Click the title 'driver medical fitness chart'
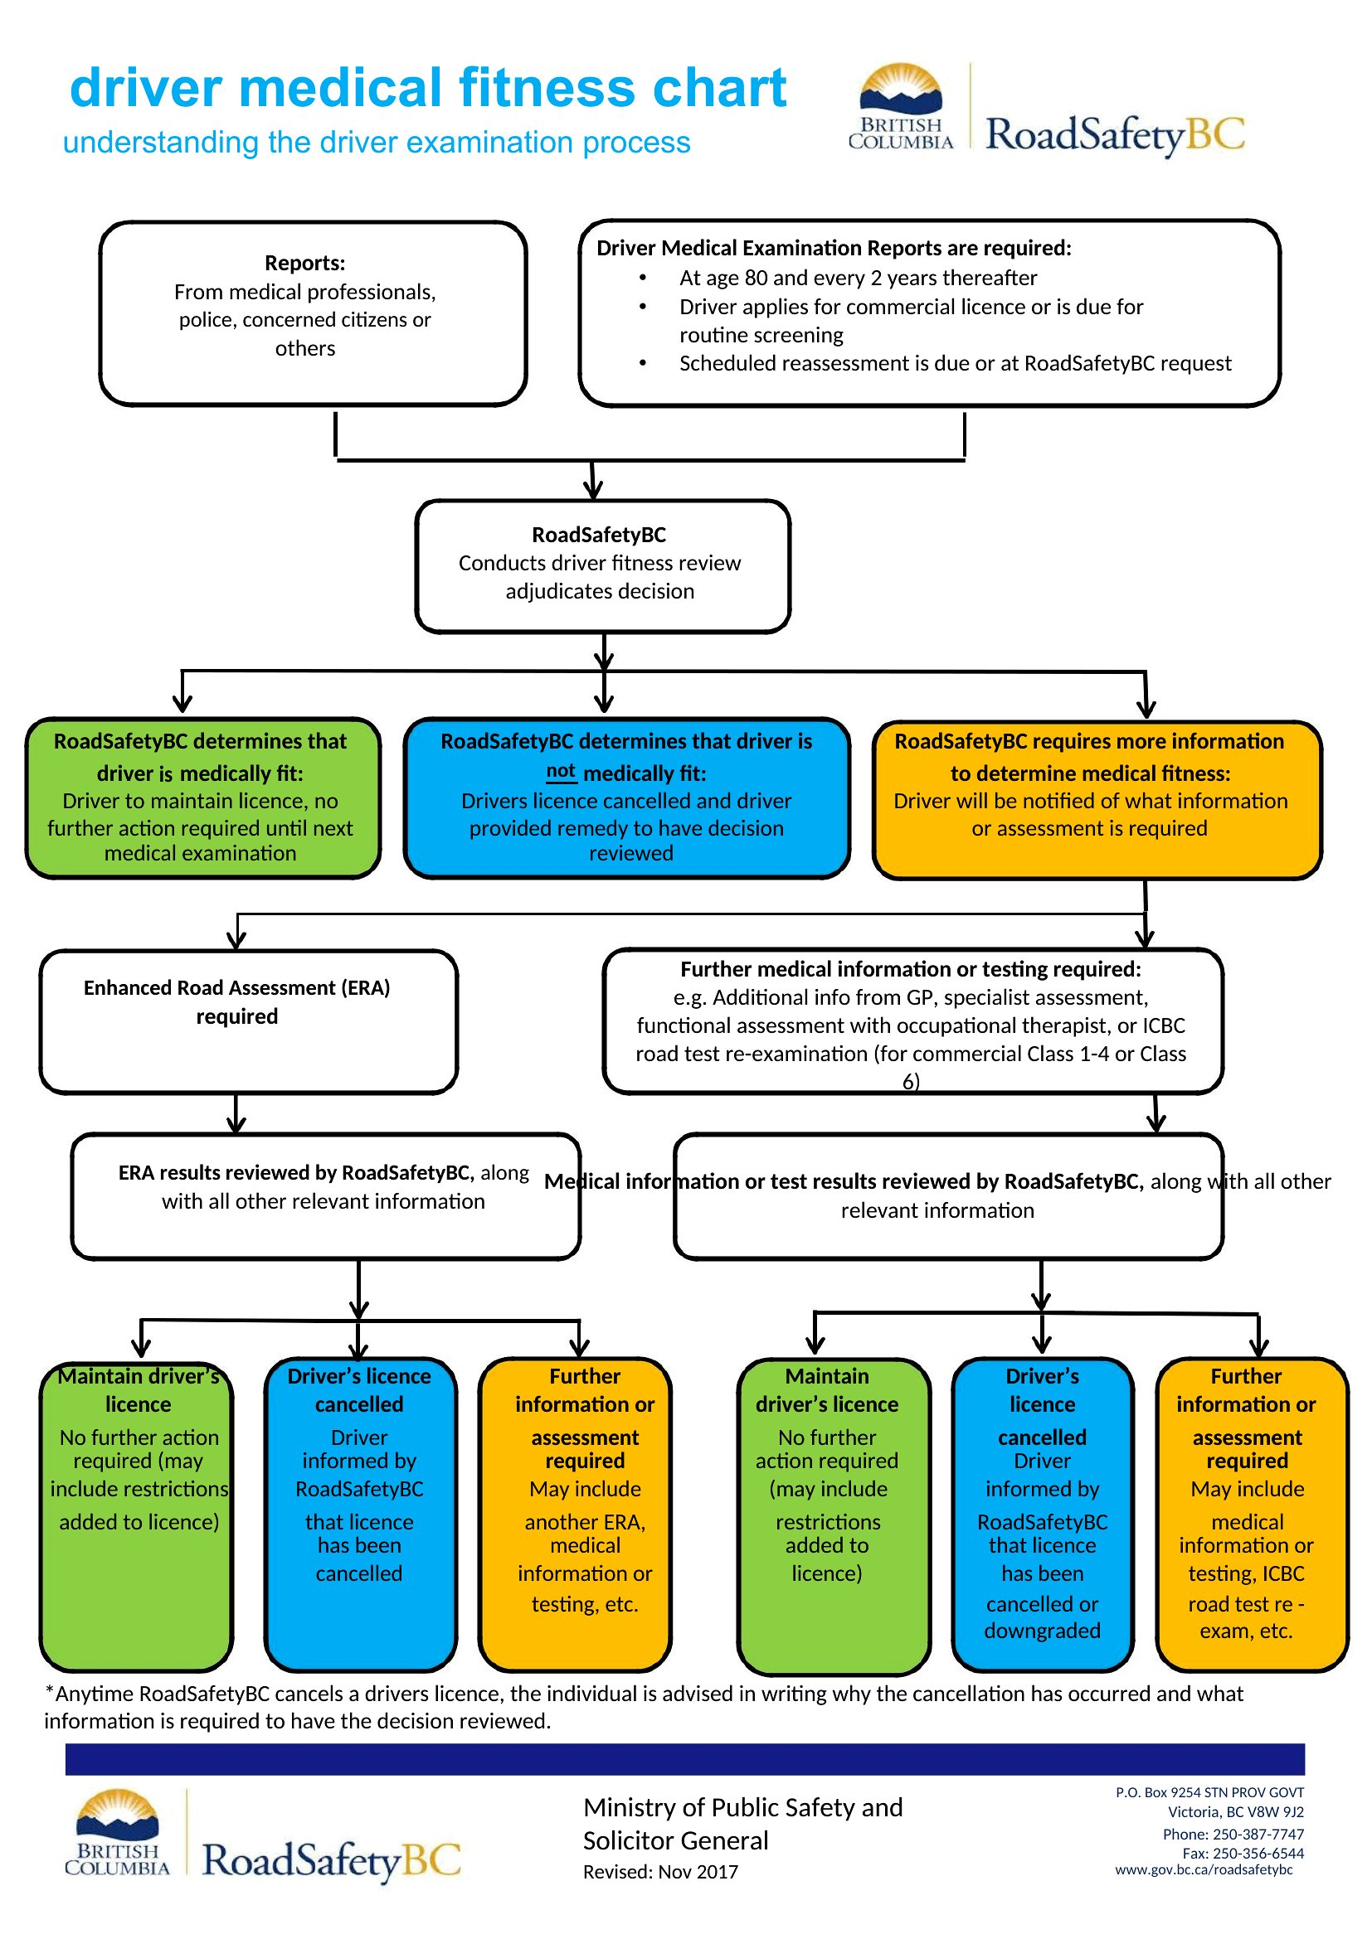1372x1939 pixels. click(427, 88)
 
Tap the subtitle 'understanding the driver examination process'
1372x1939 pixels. click(377, 143)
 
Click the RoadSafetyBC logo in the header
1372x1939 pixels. click(1047, 109)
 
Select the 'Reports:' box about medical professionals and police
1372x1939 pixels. click(313, 313)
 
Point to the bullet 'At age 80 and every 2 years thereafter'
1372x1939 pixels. click(858, 278)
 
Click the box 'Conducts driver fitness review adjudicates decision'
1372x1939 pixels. click(602, 566)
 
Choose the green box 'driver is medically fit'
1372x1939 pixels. click(202, 798)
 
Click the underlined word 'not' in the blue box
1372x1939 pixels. click(561, 771)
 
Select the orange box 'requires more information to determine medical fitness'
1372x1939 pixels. click(1097, 800)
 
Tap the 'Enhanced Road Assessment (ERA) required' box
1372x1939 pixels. click(248, 1021)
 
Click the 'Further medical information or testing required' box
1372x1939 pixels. click(913, 1021)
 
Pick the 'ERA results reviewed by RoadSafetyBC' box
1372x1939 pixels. click(325, 1197)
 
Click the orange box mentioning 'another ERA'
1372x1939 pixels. click(576, 1515)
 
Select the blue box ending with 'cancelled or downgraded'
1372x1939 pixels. click(1043, 1515)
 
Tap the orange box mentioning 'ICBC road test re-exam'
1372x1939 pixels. click(1252, 1515)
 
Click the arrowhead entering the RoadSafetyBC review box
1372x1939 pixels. click(594, 490)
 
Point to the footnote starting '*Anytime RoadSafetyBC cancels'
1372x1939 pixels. click(644, 1707)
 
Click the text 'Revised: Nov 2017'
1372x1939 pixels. click(660, 1873)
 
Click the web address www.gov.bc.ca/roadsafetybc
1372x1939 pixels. click(1204, 1869)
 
